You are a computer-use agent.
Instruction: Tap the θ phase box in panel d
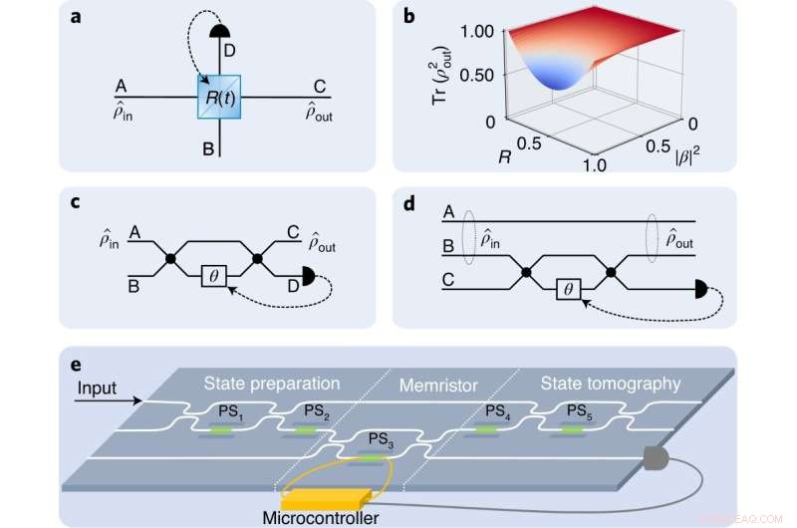coord(569,289)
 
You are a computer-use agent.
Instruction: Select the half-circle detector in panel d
coord(703,290)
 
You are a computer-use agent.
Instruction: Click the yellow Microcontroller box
coord(328,495)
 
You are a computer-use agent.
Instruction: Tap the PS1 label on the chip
coord(231,412)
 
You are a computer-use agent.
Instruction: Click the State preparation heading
coord(273,383)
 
